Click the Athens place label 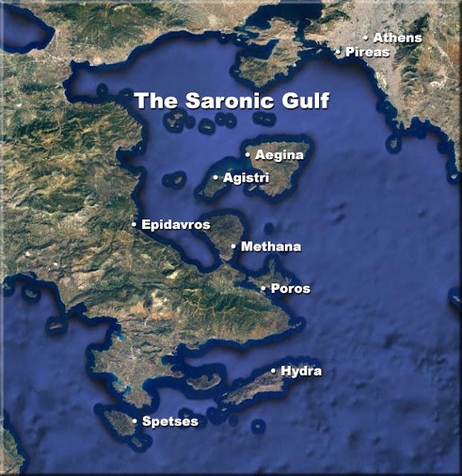click(x=397, y=37)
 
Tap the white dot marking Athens click(x=365, y=37)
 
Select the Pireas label click(x=368, y=52)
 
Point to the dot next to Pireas click(x=338, y=52)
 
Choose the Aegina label click(x=279, y=155)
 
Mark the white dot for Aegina click(x=248, y=155)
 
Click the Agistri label click(x=246, y=178)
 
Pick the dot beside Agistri click(x=216, y=178)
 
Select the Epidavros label click(x=176, y=224)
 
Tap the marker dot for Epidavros click(x=134, y=224)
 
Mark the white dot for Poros click(x=263, y=289)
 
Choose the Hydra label click(x=301, y=370)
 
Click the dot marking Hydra click(x=273, y=370)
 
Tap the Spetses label click(x=170, y=422)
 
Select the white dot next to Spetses click(x=134, y=422)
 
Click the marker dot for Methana click(x=234, y=246)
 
